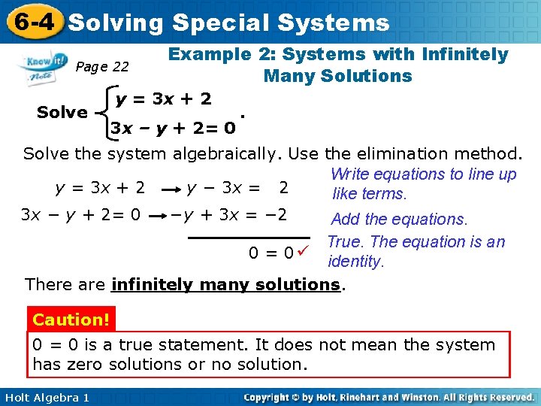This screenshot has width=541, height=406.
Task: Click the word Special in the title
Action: click(222, 23)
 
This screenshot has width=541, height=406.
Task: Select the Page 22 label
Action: click(102, 67)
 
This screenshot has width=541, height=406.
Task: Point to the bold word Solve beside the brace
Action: click(62, 113)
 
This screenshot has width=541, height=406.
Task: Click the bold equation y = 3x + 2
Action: click(163, 98)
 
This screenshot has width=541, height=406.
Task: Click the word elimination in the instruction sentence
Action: click(383, 155)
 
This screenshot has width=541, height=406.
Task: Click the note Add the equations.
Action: click(399, 220)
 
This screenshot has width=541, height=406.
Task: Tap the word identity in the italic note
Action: click(355, 262)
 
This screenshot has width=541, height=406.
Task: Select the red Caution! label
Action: click(71, 320)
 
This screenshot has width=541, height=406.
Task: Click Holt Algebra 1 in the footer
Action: click(45, 397)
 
